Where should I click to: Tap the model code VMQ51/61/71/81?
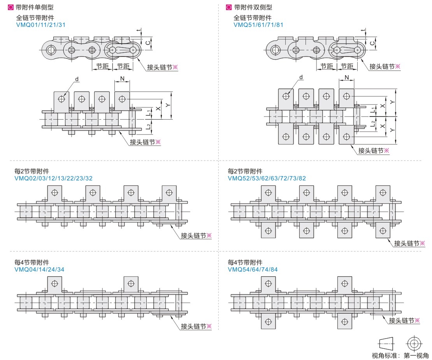(x=258, y=25)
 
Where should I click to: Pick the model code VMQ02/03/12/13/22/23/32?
(x=53, y=178)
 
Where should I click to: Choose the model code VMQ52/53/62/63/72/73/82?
(x=267, y=178)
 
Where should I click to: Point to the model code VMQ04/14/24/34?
(x=39, y=269)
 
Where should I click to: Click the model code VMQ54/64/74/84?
(x=253, y=269)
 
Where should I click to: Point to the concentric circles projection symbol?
(x=413, y=343)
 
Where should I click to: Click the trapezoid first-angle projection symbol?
(x=386, y=343)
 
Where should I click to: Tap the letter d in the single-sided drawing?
(x=77, y=79)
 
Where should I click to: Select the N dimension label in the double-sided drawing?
(x=346, y=78)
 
